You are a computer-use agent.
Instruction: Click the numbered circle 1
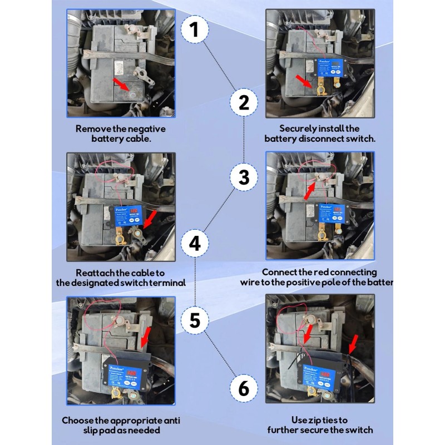point(194,29)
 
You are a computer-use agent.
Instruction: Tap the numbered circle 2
point(244,102)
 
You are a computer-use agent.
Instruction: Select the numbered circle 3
point(244,177)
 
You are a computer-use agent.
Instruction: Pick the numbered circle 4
point(194,244)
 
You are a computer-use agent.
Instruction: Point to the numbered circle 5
point(194,320)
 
